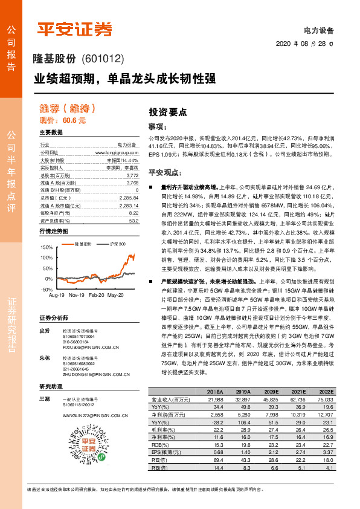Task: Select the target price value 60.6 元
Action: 74,120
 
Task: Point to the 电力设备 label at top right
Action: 319,29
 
